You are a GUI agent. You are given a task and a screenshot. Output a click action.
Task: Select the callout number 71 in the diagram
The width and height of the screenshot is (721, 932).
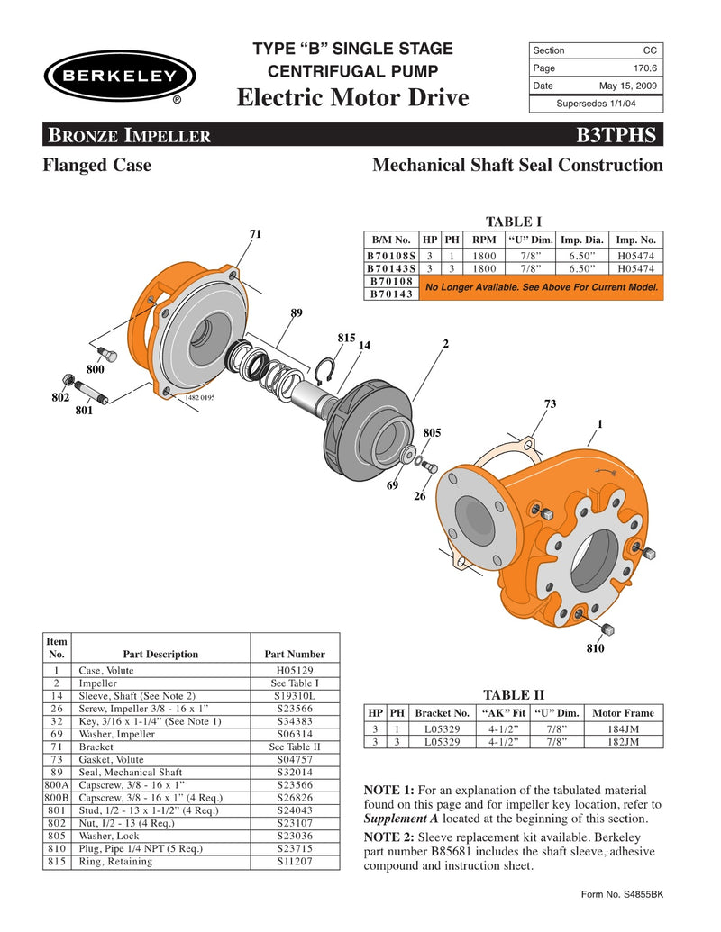click(x=255, y=234)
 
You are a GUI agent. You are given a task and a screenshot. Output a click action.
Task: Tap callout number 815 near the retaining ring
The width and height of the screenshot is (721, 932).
click(x=345, y=338)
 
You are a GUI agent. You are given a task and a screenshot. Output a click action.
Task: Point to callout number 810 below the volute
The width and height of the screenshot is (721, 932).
click(x=594, y=648)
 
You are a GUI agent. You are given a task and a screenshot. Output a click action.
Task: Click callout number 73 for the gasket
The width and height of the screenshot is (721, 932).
click(x=550, y=403)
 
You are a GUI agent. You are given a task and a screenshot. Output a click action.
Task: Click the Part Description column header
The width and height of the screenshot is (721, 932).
click(x=160, y=654)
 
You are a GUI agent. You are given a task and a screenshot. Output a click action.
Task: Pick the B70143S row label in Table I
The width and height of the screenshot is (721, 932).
click(x=390, y=268)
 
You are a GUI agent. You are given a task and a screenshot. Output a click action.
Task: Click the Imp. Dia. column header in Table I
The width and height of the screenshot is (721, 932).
click(x=582, y=240)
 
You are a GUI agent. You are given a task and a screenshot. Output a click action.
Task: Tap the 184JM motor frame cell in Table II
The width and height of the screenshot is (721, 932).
click(x=623, y=728)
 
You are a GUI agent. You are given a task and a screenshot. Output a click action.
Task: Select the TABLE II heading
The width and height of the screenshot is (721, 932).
click(x=514, y=694)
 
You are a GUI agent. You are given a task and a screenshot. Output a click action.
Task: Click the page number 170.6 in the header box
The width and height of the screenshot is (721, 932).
click(x=643, y=68)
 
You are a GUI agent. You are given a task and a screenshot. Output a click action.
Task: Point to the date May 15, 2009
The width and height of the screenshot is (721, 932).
click(x=628, y=86)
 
